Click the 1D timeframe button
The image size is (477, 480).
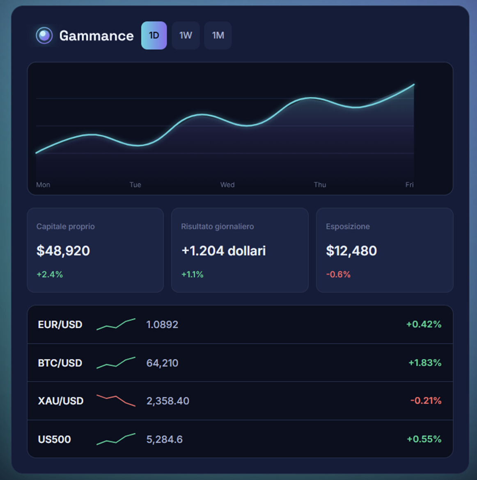coord(154,36)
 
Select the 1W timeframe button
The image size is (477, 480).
coord(186,36)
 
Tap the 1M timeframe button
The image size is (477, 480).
coord(218,36)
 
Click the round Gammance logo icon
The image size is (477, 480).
coord(44,36)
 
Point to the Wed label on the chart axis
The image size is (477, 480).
coord(227,185)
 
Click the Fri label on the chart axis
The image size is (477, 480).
coord(409,185)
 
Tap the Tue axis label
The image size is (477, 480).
coord(135,185)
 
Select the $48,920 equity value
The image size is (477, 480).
coord(63,251)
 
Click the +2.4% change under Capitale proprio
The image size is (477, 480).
coord(50,274)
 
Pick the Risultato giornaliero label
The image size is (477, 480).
coord(217,226)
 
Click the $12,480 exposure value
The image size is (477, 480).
coord(351,251)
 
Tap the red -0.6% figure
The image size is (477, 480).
coord(338,274)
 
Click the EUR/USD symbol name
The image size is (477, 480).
coord(60,325)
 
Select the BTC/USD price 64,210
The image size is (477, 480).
coord(163,363)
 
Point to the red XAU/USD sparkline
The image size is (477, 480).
coord(116,400)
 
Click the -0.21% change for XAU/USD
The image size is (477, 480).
coord(426,401)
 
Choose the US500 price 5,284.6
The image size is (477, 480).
coord(165,440)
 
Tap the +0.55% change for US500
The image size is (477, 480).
coord(424,439)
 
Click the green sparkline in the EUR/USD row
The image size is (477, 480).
coord(116,325)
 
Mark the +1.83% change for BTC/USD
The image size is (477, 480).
coord(425,363)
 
